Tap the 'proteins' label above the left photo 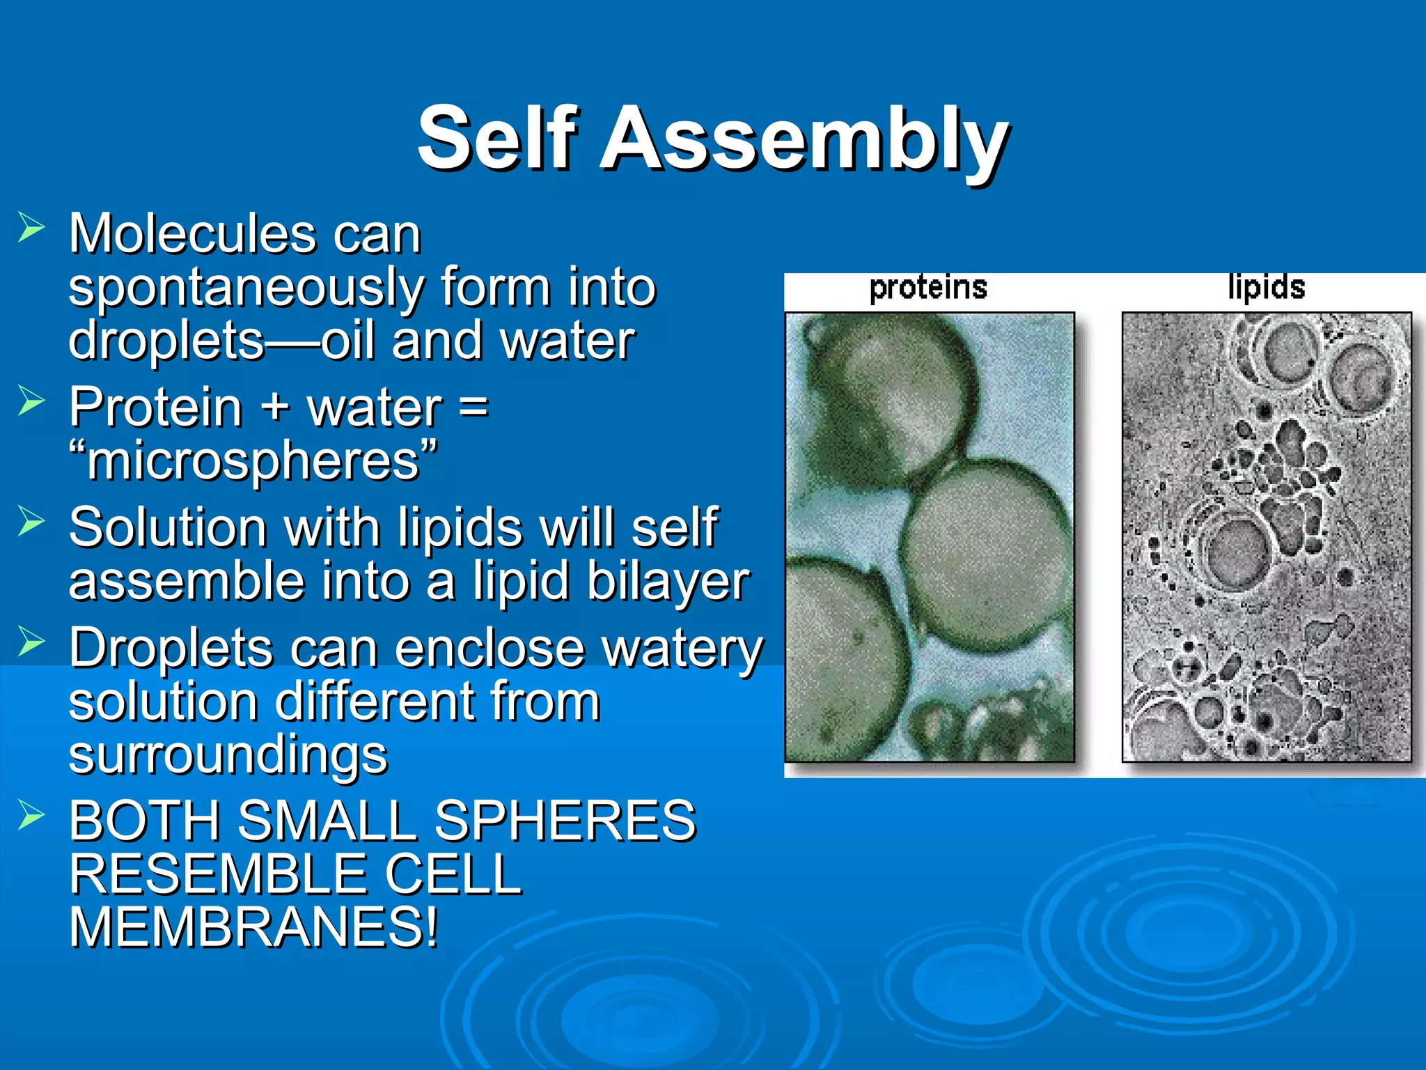[928, 287]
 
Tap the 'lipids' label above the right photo [1266, 287]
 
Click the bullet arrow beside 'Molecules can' [31, 228]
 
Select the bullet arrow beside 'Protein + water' [31, 401]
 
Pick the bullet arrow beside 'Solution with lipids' [31, 521]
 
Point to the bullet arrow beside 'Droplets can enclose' [31, 642]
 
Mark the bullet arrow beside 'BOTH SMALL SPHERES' [31, 814]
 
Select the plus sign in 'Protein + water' [276, 407]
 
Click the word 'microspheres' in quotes [253, 461]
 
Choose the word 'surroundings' [228, 754]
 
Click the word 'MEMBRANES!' [255, 928]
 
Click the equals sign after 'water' [473, 407]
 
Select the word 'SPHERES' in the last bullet [565, 821]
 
